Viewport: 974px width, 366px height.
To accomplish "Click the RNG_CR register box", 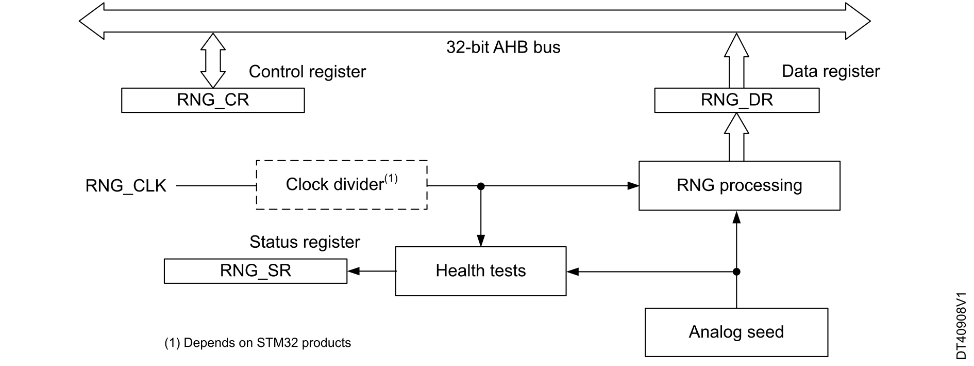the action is click(x=213, y=100).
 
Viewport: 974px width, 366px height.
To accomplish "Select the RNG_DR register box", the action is click(x=736, y=100).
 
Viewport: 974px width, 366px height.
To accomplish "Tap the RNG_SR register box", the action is click(x=256, y=271).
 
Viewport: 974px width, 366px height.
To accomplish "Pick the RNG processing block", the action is click(x=739, y=186).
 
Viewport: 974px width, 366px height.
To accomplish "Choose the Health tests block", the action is click(x=481, y=271).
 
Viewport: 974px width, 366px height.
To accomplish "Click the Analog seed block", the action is click(x=736, y=332).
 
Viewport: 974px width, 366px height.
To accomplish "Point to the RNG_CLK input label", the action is click(x=126, y=186).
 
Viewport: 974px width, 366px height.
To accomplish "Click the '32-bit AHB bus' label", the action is click(x=503, y=47).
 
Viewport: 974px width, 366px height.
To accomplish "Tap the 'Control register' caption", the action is click(x=307, y=72).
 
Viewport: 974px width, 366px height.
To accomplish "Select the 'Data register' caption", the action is click(x=831, y=71).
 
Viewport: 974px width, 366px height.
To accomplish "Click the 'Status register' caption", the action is click(x=305, y=242).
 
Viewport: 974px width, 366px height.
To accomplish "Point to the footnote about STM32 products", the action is click(x=258, y=343).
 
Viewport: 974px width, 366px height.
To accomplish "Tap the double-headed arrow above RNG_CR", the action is click(x=213, y=60).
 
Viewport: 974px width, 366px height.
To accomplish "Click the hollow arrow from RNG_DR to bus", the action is click(x=736, y=60).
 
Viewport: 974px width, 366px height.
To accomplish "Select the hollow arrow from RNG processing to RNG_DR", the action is click(x=736, y=137).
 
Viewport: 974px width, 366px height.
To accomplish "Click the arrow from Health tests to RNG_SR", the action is click(x=372, y=271).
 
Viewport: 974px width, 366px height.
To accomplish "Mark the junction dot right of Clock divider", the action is click(x=481, y=186).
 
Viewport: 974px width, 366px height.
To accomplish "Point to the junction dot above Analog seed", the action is click(x=736, y=272).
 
